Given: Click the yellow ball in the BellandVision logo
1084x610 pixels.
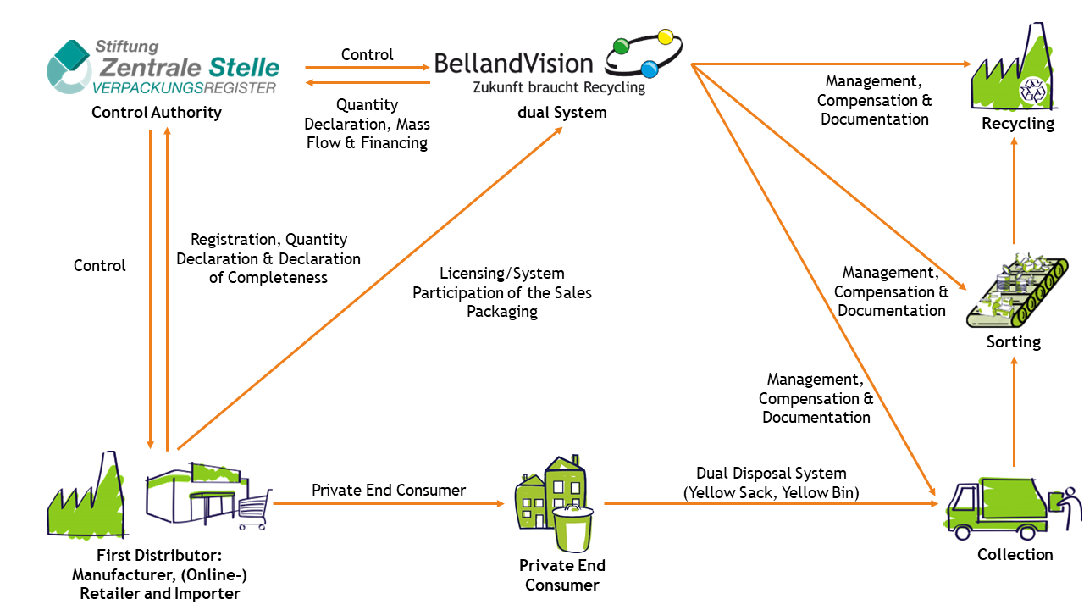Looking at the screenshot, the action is click(x=666, y=36).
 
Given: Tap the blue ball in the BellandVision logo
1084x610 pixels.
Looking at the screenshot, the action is click(x=649, y=69).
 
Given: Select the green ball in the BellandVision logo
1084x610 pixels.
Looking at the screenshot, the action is click(x=621, y=47).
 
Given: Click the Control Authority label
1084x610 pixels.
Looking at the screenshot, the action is click(x=157, y=113).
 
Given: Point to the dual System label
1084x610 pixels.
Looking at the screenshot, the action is click(x=561, y=113).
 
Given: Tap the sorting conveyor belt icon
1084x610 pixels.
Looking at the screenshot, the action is click(x=1017, y=291).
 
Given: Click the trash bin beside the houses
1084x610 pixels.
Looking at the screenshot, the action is click(x=572, y=528).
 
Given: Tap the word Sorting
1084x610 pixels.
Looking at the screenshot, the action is click(x=1014, y=342).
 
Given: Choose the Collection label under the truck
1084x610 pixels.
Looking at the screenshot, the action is click(x=1015, y=554).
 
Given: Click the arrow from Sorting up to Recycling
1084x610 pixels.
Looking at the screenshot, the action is click(x=1014, y=191).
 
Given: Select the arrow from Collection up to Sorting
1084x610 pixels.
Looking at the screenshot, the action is click(x=1014, y=412).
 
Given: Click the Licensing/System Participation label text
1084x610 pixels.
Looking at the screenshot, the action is click(x=502, y=292).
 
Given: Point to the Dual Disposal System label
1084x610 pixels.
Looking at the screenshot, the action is click(x=771, y=483).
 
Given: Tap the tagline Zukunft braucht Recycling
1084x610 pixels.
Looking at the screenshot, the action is click(x=559, y=87).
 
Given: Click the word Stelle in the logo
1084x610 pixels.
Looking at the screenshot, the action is click(x=245, y=67).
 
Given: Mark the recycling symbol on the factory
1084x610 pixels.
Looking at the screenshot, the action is click(x=1032, y=91).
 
